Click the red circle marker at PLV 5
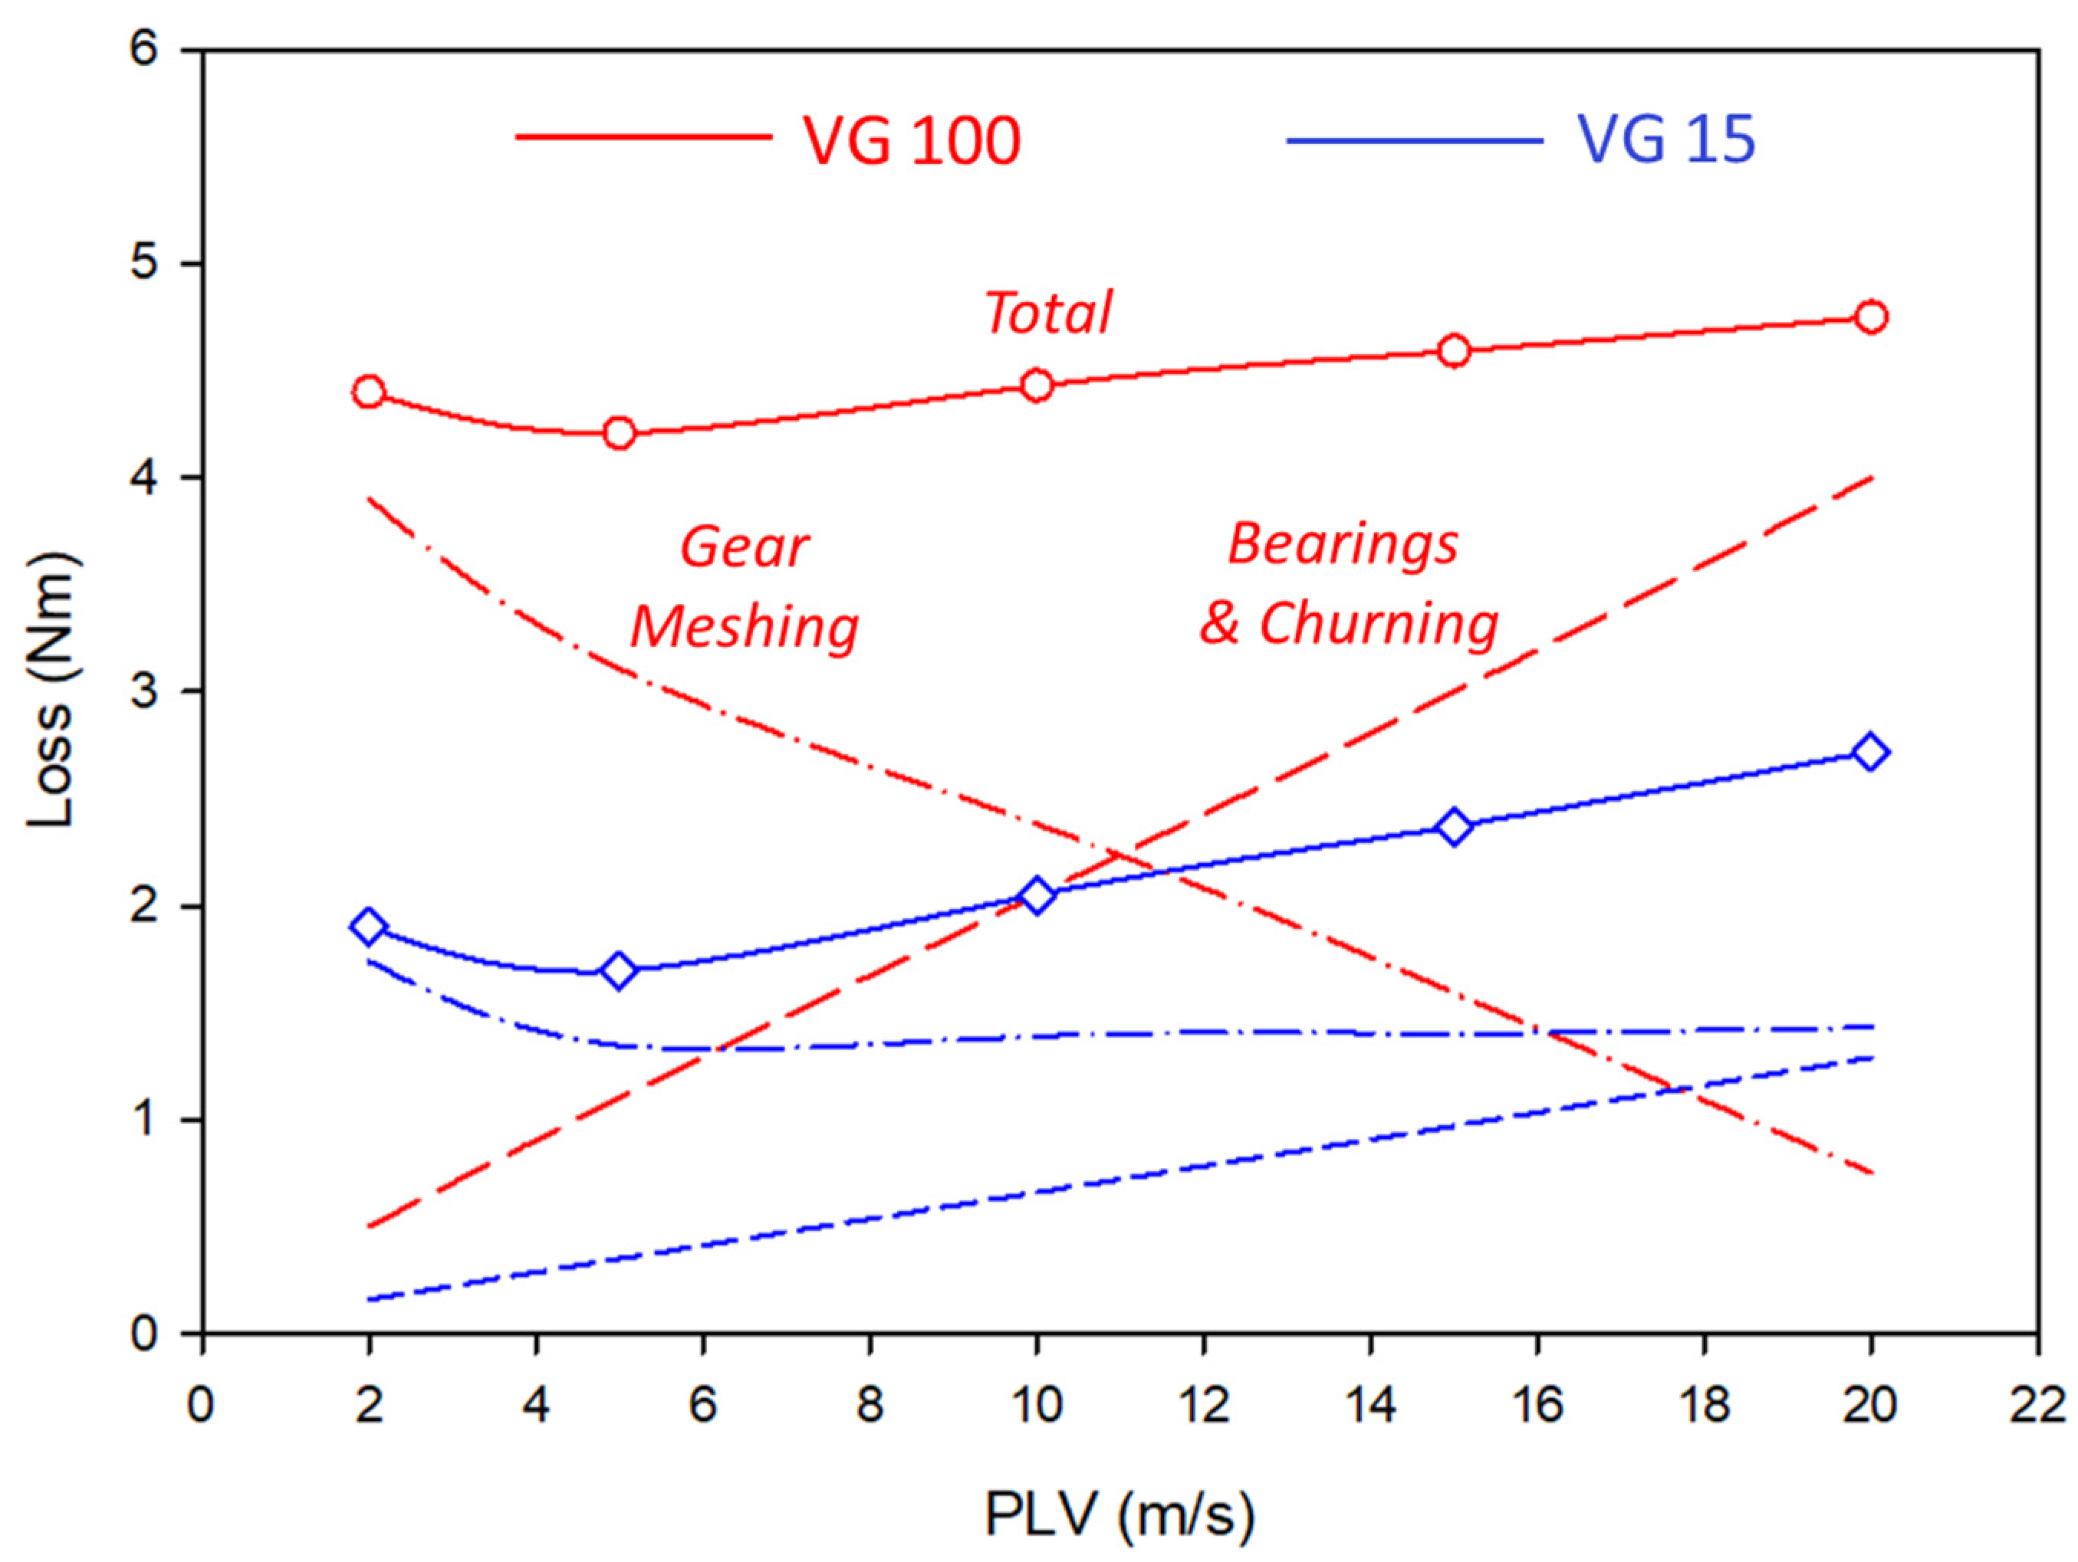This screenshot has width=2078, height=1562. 619,433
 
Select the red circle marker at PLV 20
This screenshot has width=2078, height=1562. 1870,317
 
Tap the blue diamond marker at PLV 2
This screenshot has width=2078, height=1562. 368,927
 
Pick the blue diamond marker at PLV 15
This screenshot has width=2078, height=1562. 1453,828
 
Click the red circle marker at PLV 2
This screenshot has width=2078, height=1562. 368,392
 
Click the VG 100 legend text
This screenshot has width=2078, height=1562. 911,141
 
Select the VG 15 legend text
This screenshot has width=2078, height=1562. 1665,141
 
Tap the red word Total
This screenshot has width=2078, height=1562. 1048,312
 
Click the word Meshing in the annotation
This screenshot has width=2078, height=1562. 744,628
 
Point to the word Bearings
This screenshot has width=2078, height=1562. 1343,545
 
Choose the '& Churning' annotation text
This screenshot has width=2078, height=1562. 1349,624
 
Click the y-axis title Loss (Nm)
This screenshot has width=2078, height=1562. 51,691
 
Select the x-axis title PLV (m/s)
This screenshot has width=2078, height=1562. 1119,1514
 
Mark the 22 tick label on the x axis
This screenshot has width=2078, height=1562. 2037,1406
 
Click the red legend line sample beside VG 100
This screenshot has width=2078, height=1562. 644,137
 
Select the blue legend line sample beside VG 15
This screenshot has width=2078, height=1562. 1414,141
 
